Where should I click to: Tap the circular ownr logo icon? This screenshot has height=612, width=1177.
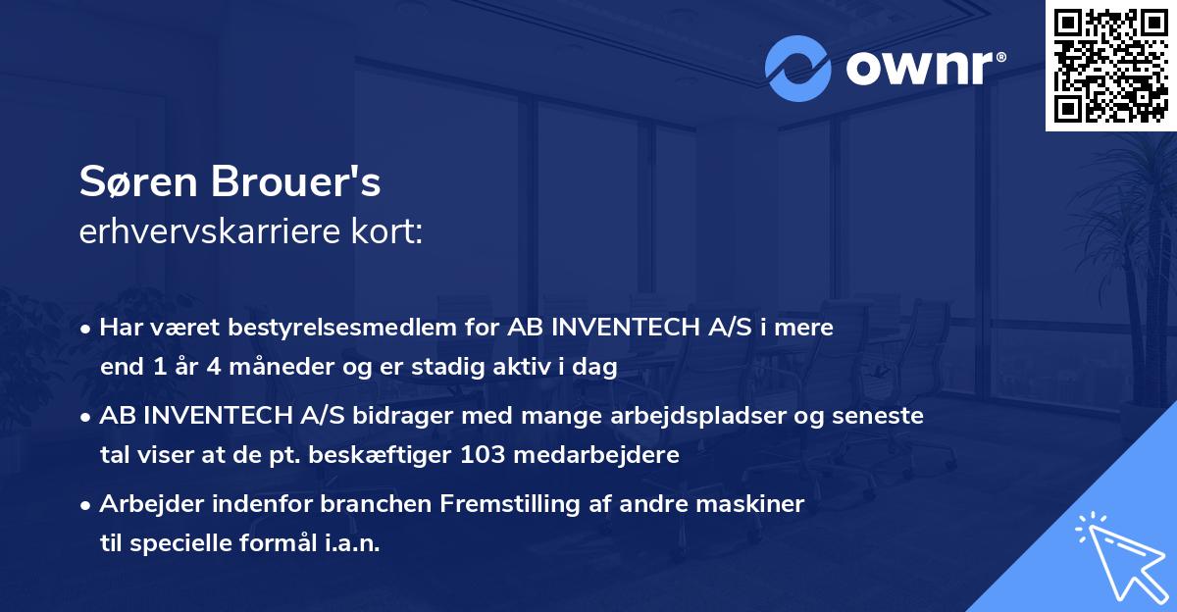tap(797, 69)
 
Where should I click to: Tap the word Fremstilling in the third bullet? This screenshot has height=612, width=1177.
tap(502, 504)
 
